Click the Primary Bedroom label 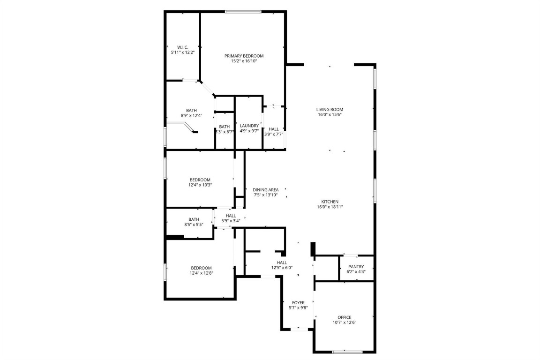[244, 56]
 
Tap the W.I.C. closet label [183, 47]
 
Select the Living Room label [330, 110]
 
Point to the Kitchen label [330, 202]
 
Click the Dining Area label [266, 190]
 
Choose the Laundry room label [249, 126]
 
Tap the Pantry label [356, 267]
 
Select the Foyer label [298, 303]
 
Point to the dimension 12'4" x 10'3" [200, 185]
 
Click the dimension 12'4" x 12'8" [202, 273]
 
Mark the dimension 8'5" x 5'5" [194, 225]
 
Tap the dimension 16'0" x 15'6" [330, 115]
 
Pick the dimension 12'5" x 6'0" [281, 268]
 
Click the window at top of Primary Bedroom [243, 11]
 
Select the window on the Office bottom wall [347, 352]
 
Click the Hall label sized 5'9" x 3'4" [231, 216]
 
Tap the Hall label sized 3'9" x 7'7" [274, 129]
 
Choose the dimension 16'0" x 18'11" [330, 207]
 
